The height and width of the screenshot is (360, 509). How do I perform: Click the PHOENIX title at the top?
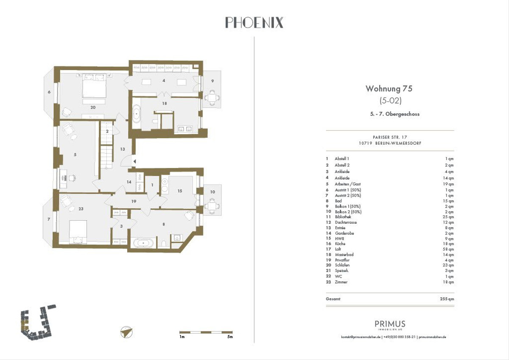point(254,22)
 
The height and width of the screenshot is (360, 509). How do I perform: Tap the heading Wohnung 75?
point(389,89)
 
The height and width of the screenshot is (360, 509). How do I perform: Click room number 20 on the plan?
point(93,107)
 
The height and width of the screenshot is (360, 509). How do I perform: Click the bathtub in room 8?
point(145,243)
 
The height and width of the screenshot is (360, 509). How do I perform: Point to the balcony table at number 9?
point(213,98)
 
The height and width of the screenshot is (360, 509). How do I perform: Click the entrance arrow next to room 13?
point(134,161)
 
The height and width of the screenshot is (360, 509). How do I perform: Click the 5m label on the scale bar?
point(229,337)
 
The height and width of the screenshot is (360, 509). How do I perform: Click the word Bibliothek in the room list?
point(343,217)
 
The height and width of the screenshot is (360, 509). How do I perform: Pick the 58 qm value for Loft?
point(448,249)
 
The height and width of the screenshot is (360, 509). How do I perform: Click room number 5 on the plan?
point(75,155)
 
